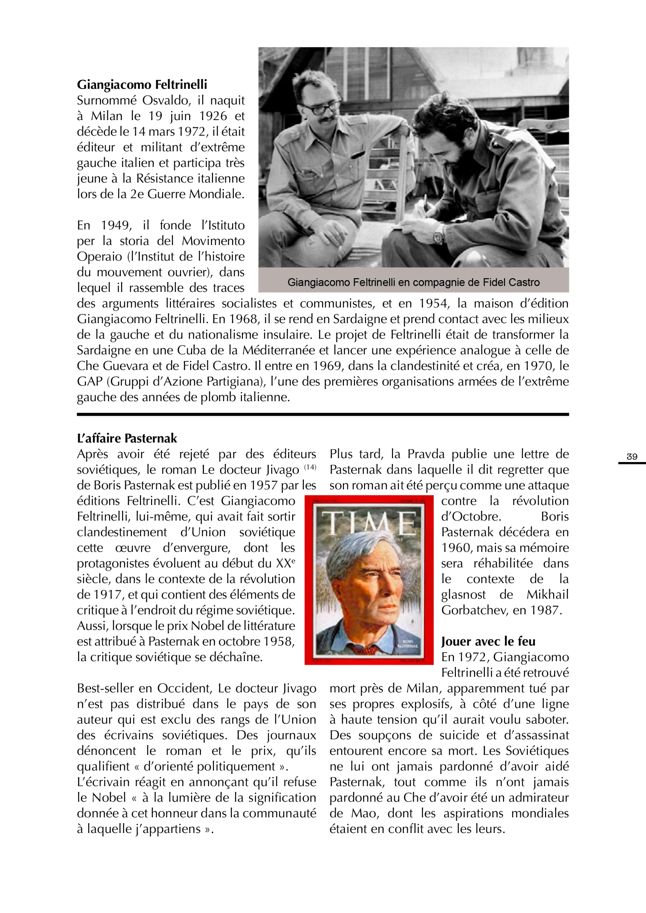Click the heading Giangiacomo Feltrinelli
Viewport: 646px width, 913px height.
(x=142, y=85)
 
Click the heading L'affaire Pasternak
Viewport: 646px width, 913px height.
(x=127, y=438)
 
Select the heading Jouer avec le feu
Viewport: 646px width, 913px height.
(x=488, y=641)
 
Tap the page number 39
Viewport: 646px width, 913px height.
(x=632, y=457)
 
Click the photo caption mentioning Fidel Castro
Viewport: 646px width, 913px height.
(x=413, y=282)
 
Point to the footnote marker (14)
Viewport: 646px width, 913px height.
(x=310, y=467)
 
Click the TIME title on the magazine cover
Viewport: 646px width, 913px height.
(x=368, y=523)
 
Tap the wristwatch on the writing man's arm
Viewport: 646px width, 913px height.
(x=438, y=237)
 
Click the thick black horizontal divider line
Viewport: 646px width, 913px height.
(x=323, y=414)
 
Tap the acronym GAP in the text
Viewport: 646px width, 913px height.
(x=89, y=382)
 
